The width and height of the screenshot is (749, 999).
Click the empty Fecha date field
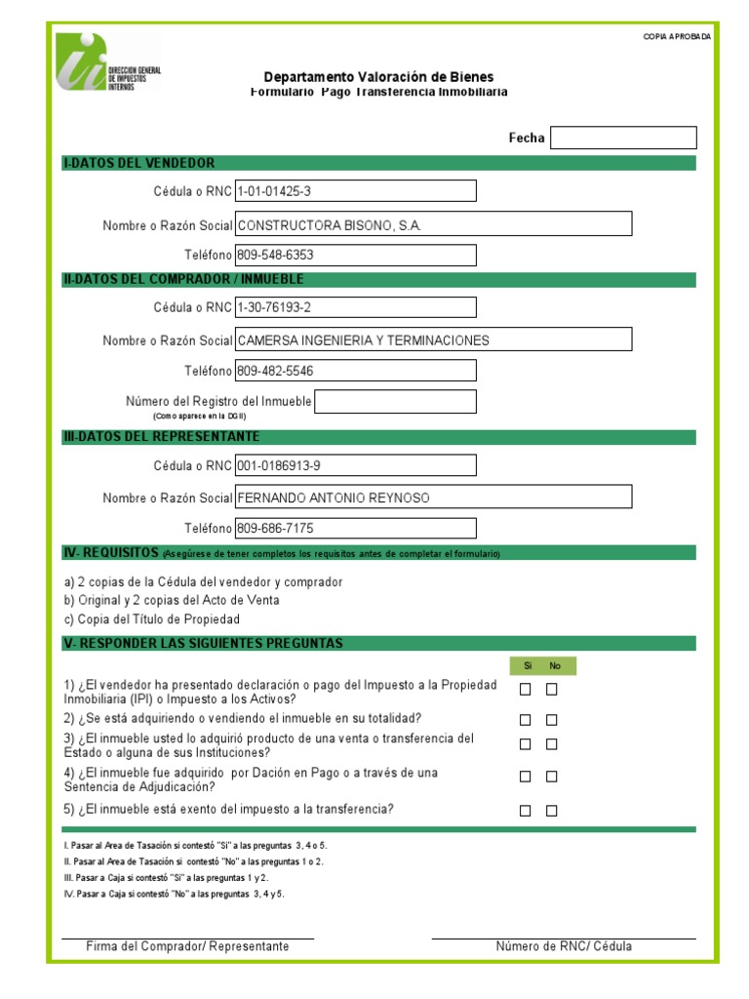(x=623, y=138)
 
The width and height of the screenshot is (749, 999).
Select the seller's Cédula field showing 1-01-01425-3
(x=355, y=191)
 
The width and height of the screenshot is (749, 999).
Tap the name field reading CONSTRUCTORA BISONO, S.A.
(x=433, y=224)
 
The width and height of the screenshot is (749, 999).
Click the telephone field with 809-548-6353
(x=355, y=256)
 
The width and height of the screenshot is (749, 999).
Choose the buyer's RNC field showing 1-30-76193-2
(x=355, y=307)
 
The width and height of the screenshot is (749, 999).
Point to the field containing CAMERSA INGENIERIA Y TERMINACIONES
(x=433, y=340)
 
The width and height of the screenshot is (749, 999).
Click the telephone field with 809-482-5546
(x=355, y=371)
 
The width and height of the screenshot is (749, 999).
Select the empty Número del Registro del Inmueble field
(x=395, y=402)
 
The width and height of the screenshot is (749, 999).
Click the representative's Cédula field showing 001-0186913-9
(x=355, y=465)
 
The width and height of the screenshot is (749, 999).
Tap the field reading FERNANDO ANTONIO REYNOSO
(x=433, y=498)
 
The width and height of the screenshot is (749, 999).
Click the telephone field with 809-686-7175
(x=355, y=529)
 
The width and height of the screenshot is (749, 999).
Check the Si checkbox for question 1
(x=526, y=690)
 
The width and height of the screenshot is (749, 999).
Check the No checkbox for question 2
(x=552, y=720)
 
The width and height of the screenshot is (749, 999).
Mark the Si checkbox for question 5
(x=526, y=811)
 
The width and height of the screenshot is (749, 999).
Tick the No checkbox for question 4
(x=552, y=777)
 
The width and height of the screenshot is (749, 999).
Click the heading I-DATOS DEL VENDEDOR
(x=139, y=163)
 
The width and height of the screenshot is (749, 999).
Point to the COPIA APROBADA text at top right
(x=677, y=37)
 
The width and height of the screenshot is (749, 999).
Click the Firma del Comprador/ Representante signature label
(x=187, y=946)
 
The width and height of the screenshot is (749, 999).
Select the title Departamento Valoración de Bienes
(x=378, y=77)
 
